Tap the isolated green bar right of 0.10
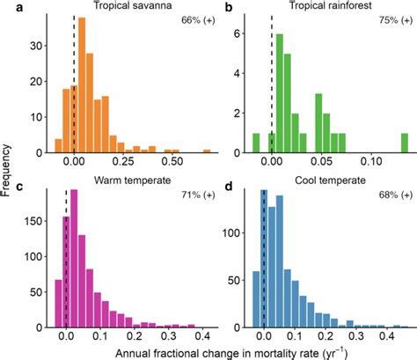tap(405, 143)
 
